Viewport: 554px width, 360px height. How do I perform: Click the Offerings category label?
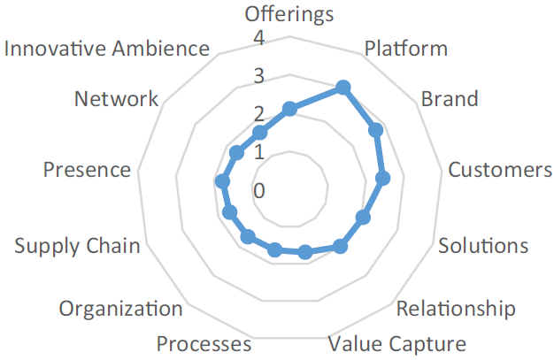coord(289,14)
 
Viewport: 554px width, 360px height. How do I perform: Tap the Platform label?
coord(406,48)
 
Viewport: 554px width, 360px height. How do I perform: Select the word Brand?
coord(449,97)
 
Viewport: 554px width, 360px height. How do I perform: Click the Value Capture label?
coord(396,343)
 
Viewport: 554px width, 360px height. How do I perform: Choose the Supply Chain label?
coord(77,245)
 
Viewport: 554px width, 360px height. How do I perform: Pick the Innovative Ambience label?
coord(107,49)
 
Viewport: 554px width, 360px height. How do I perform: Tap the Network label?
coord(117,98)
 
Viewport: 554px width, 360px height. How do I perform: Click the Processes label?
coord(204,344)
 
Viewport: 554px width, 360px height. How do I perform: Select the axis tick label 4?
coord(258,38)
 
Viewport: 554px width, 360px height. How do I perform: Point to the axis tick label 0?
coord(258,190)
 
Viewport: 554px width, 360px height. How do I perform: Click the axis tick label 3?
coord(258,76)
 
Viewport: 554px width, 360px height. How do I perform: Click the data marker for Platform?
coord(343,88)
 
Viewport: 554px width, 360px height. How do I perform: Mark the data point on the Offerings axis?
coord(289,109)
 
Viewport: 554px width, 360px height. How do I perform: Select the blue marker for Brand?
coord(375,131)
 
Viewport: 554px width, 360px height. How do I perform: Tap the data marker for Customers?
coord(383,180)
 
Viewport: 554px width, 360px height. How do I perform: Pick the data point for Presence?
coord(222,182)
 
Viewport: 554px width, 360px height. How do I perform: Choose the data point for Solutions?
coord(363,218)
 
